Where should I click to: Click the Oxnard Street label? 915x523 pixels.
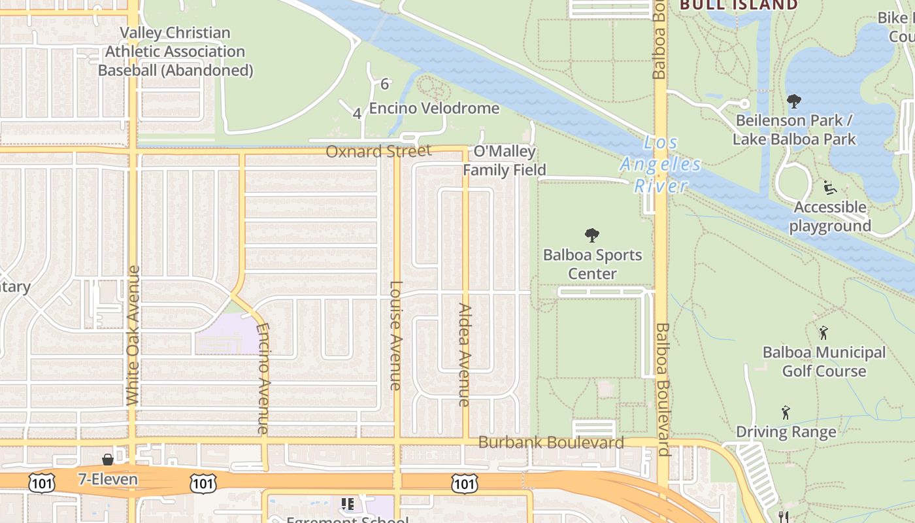point(378,152)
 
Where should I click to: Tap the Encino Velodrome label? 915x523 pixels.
point(434,109)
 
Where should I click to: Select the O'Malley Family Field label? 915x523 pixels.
point(504,161)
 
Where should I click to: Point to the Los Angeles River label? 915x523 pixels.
point(660,164)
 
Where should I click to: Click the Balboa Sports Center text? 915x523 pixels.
point(592,264)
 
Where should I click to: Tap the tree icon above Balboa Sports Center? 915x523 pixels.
point(592,235)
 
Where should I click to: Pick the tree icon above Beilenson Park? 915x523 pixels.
point(794,101)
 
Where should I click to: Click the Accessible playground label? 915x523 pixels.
point(830,217)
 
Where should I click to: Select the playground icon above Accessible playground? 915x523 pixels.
point(829,188)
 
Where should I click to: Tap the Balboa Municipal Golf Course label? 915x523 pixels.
point(824,362)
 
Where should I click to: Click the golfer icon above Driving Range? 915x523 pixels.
point(786,413)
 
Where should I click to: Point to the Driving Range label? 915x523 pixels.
point(786,432)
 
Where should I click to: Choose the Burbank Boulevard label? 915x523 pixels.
point(551,443)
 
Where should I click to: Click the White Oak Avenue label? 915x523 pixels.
point(133,335)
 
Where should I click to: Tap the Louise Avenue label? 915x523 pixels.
point(396,335)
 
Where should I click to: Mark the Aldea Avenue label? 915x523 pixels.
point(465,354)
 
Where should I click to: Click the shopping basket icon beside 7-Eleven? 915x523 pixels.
point(108,460)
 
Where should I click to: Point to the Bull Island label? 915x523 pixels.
point(739,5)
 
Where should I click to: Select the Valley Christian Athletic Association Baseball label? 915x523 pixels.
point(175,52)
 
